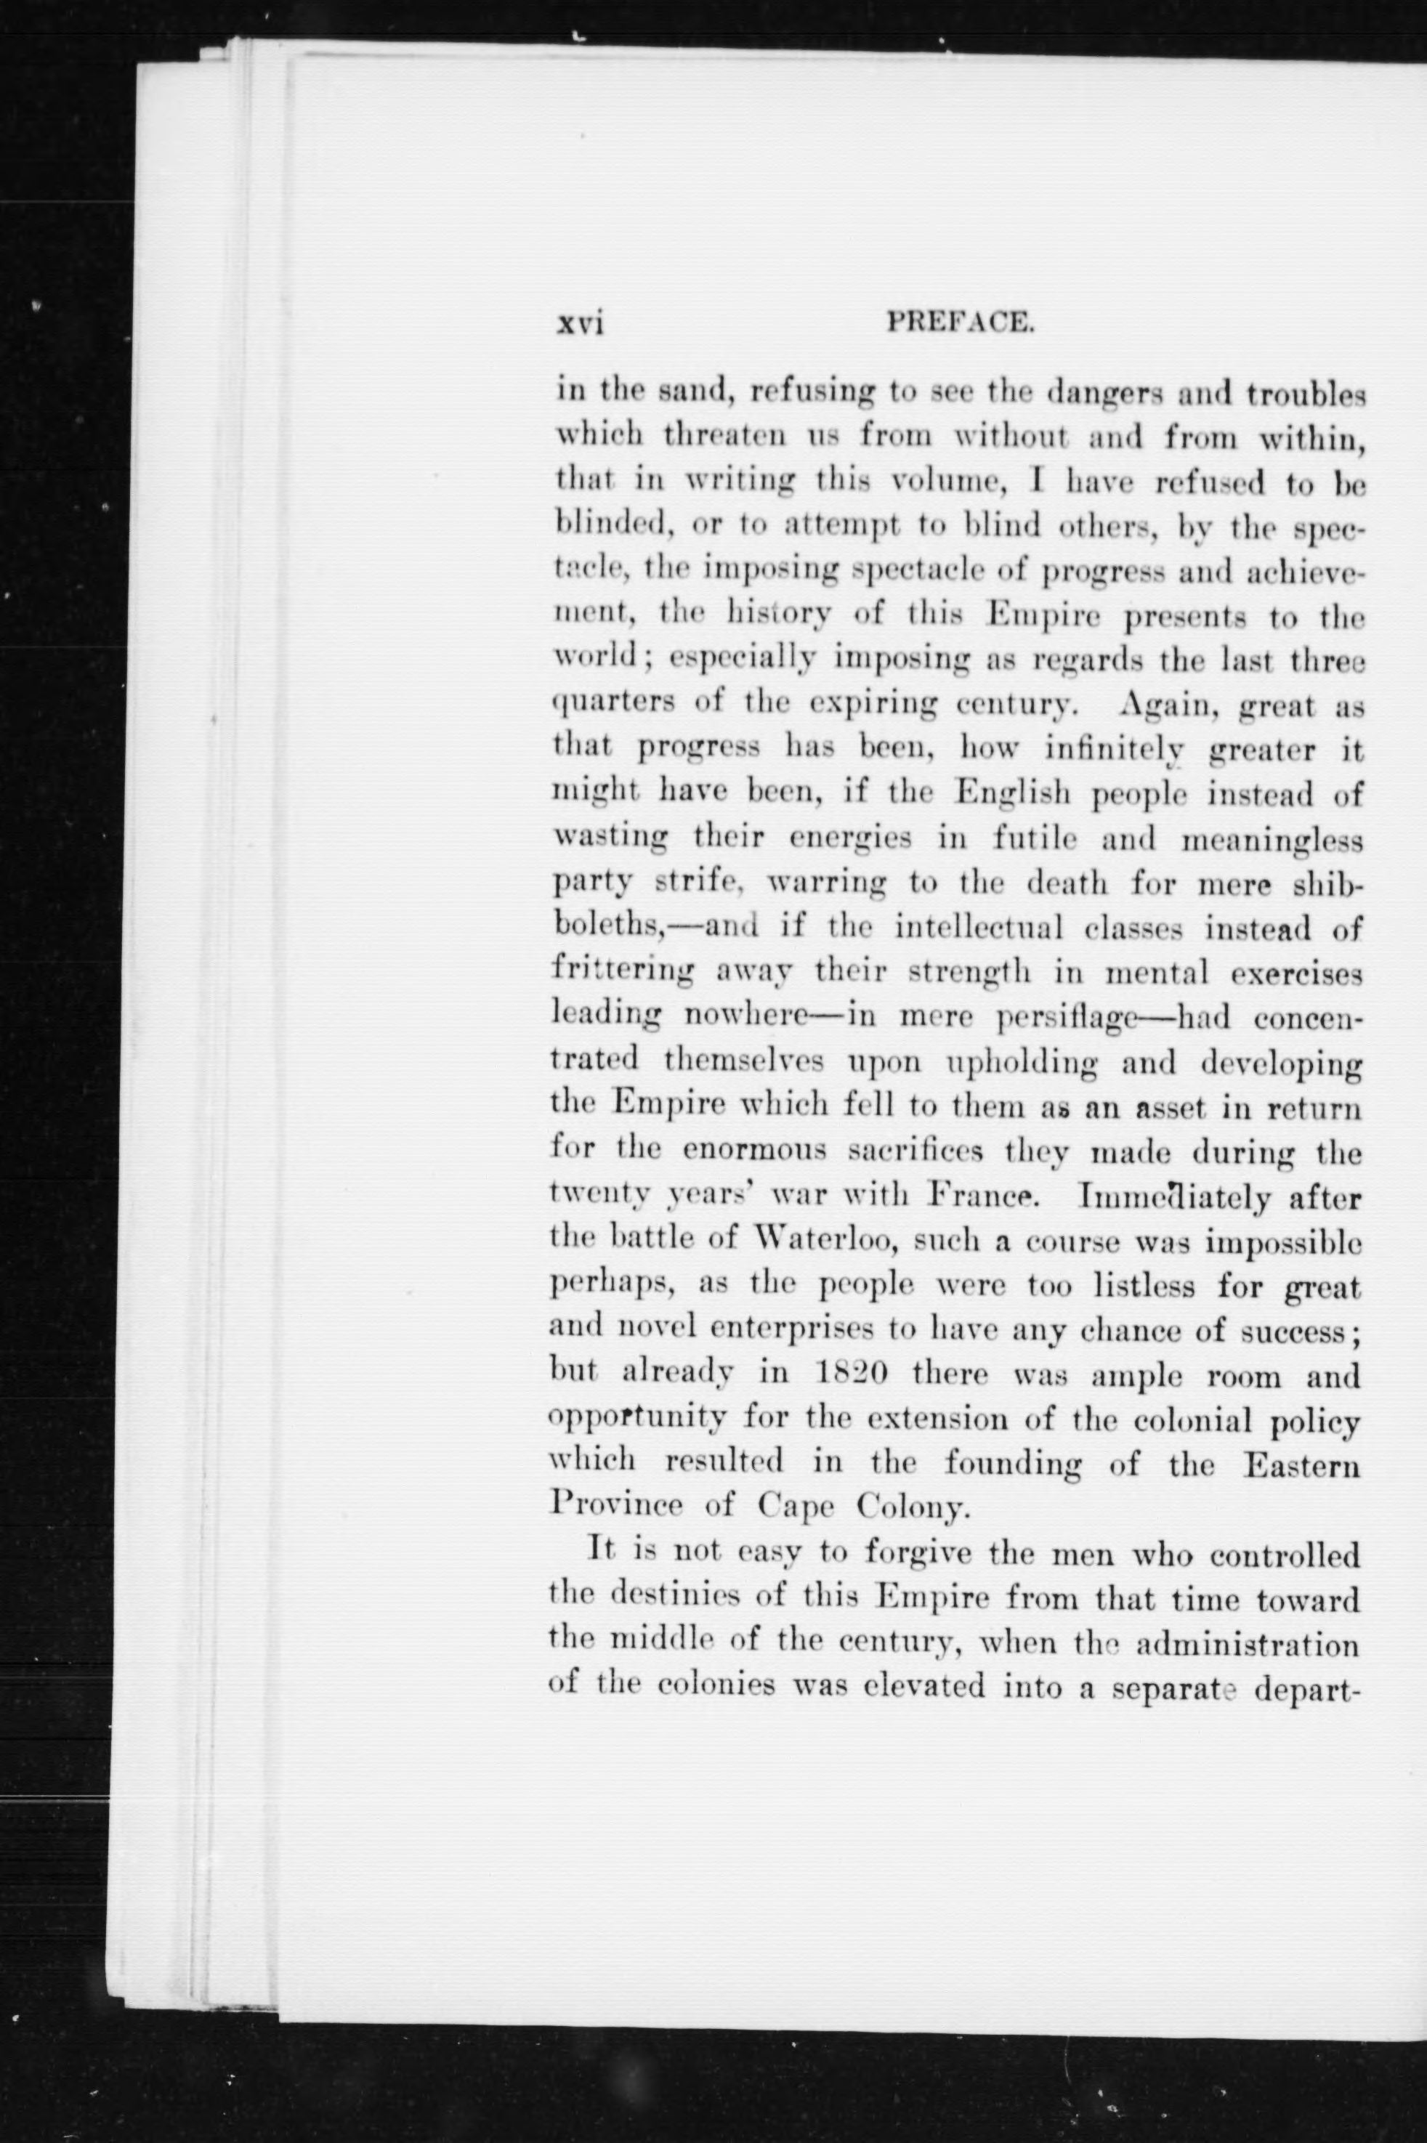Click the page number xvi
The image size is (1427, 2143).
click(581, 325)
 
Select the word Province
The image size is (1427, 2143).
click(616, 1507)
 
